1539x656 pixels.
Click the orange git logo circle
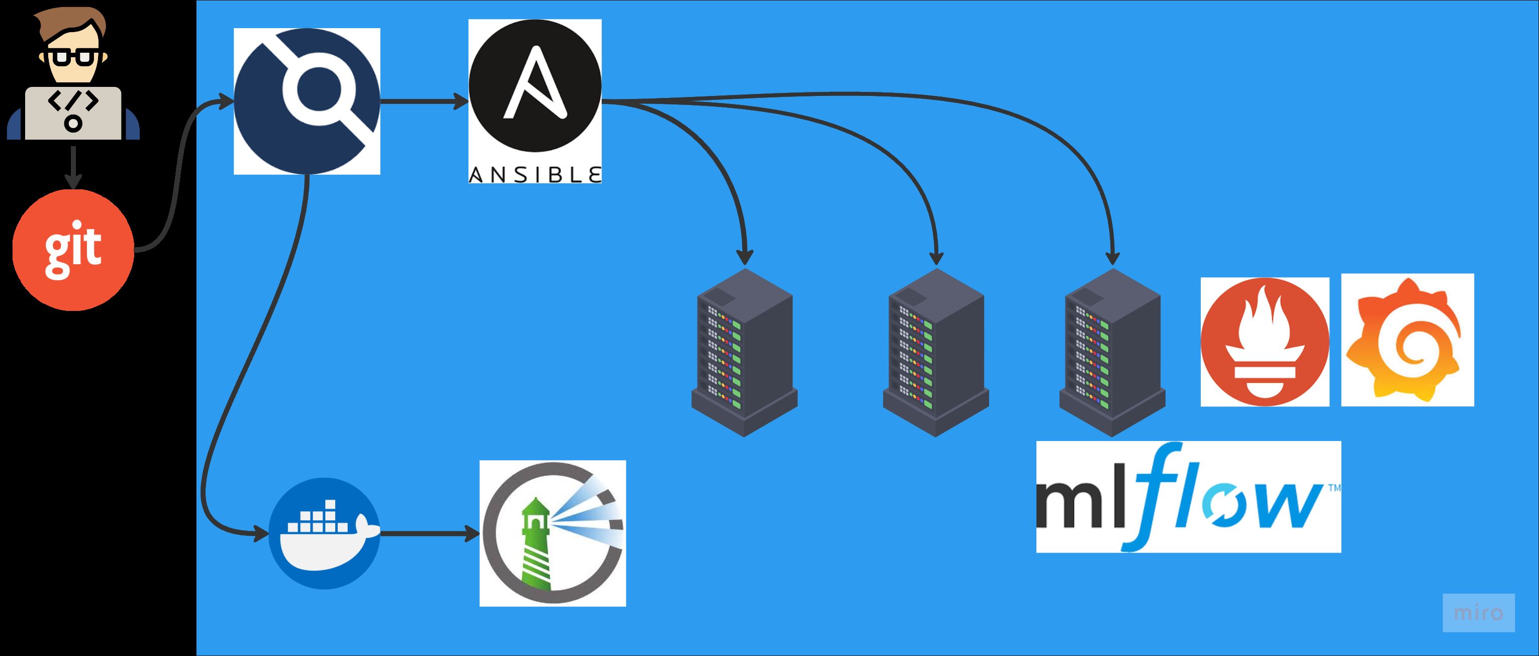click(x=73, y=250)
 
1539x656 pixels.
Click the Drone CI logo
click(x=307, y=101)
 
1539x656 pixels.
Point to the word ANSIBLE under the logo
click(x=535, y=174)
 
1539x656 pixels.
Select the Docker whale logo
click(x=324, y=533)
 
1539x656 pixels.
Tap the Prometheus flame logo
click(x=1265, y=342)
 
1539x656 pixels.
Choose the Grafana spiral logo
click(x=1407, y=340)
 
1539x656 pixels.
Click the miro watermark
click(x=1478, y=612)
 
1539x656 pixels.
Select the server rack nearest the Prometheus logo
click(x=1112, y=352)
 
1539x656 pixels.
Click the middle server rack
click(x=935, y=352)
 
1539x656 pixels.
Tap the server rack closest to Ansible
click(x=744, y=352)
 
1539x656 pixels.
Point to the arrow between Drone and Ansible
click(x=424, y=101)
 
